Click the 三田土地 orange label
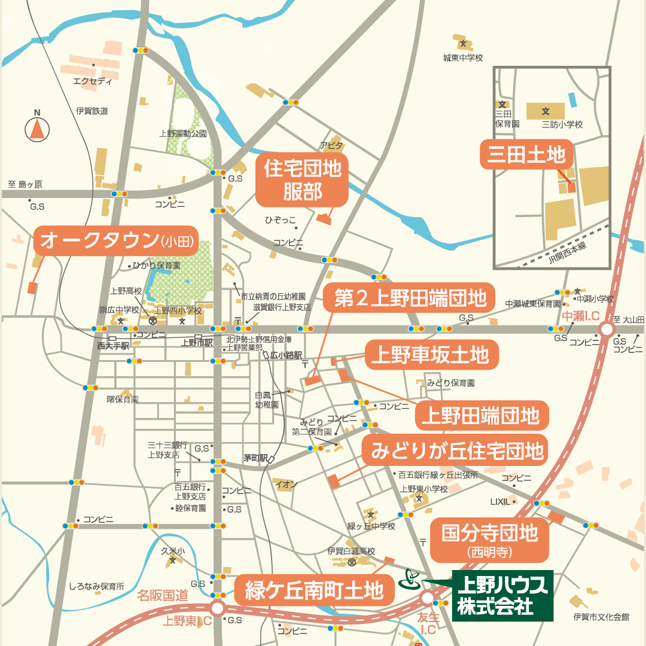pos(526,156)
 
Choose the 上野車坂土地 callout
pos(429,355)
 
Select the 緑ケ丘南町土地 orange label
pos(315,590)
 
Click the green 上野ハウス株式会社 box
pos(502,595)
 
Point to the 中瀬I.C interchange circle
pos(607,329)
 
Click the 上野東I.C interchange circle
pos(217,609)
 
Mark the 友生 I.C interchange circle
pos(427,598)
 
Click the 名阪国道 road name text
pos(162,595)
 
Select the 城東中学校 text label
pos(462,58)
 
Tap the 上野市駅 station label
pos(197,343)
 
